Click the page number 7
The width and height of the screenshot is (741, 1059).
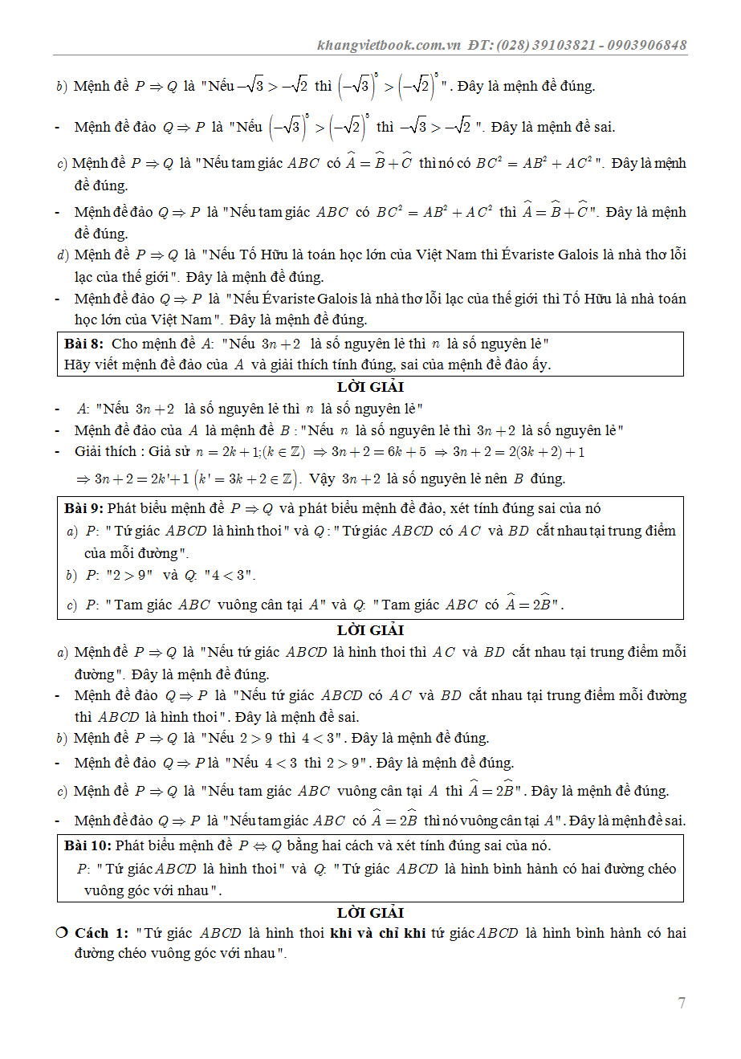pos(682,1003)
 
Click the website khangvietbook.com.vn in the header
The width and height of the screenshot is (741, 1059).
pos(389,45)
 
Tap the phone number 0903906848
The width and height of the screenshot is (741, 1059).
pos(647,45)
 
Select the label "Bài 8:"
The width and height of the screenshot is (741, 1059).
pos(84,344)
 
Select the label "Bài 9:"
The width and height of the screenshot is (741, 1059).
pos(84,508)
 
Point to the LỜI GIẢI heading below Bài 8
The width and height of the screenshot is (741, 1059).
pos(370,387)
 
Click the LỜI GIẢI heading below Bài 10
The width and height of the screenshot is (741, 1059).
pos(370,913)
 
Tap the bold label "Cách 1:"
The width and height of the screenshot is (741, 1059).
pos(101,933)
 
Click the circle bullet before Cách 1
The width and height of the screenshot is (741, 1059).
pos(62,932)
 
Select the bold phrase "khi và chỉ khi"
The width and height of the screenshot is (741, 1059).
pos(377,933)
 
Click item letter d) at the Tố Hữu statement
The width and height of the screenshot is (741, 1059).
pos(63,255)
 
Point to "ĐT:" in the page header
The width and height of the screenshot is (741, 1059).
pos(479,45)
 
